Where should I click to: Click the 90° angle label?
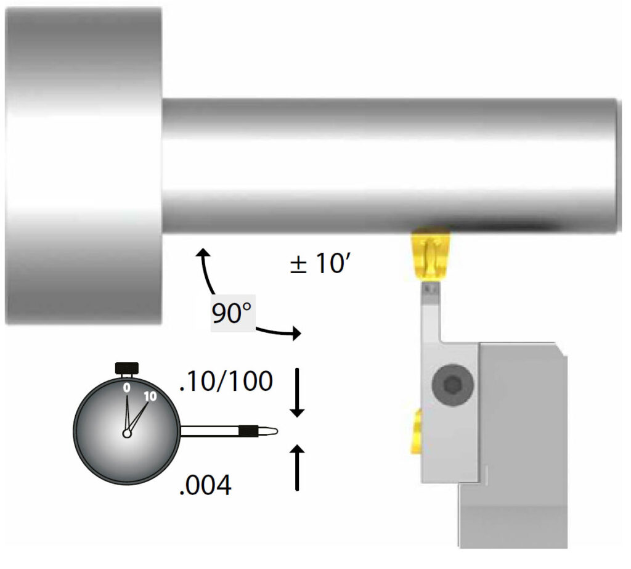(x=232, y=313)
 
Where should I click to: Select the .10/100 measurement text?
(x=226, y=381)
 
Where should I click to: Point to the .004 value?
(x=205, y=485)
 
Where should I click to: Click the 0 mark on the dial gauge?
(x=127, y=388)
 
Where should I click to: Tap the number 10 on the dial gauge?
(x=150, y=396)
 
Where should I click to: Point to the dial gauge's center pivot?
(x=127, y=434)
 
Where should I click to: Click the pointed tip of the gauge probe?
(x=277, y=432)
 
